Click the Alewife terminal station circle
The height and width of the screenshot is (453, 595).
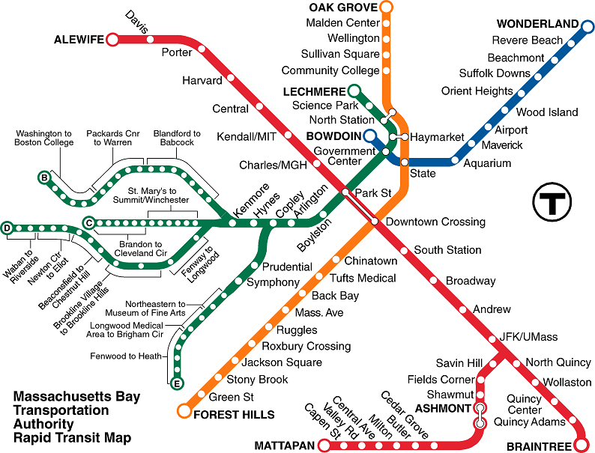click(x=113, y=39)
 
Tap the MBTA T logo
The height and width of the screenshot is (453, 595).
click(x=552, y=201)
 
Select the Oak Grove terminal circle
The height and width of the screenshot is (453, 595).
click(x=387, y=8)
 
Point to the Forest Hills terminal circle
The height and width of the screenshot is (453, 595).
click(x=184, y=410)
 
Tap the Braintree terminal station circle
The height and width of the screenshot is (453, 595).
click(x=581, y=446)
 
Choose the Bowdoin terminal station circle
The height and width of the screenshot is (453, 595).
click(x=369, y=136)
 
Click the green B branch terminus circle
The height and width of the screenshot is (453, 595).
click(x=45, y=177)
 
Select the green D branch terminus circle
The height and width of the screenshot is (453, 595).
click(x=7, y=228)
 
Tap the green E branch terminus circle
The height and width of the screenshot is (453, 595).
click(x=177, y=384)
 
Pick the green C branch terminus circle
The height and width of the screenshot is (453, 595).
click(x=88, y=222)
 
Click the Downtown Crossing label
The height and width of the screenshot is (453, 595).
click(x=435, y=222)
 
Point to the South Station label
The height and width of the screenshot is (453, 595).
click(x=447, y=250)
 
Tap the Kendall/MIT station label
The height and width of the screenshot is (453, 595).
click(x=247, y=137)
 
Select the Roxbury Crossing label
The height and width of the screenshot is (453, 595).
click(x=306, y=346)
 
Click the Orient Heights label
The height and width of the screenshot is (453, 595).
click(x=477, y=91)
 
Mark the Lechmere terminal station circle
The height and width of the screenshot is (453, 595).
click(x=352, y=91)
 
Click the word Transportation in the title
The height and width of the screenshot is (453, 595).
click(x=61, y=410)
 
